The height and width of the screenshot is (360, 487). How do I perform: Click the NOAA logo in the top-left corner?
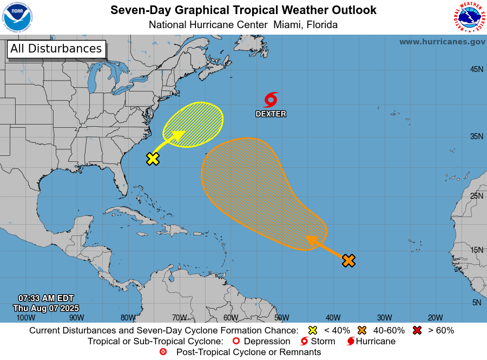[x=17, y=17]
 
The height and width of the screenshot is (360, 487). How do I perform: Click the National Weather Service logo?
[x=468, y=17]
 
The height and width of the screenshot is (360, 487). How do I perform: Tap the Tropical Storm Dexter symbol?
[x=271, y=100]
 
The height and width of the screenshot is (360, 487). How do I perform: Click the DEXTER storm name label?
[x=271, y=114]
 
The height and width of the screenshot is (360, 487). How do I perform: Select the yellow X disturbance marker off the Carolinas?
[x=153, y=159]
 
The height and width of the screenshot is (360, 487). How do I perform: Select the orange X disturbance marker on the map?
[x=348, y=260]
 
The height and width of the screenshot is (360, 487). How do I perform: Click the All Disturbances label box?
[x=56, y=49]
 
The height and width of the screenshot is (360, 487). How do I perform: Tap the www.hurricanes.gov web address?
[x=442, y=42]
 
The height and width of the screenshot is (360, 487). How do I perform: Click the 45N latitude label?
[x=476, y=69]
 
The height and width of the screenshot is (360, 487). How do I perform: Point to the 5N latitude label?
[x=476, y=303]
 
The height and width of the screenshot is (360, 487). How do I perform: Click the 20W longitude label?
[x=435, y=317]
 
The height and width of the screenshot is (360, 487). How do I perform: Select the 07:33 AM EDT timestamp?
[x=46, y=298]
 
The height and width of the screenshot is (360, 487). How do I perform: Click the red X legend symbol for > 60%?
[x=417, y=330]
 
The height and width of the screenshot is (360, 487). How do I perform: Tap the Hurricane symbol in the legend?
[x=351, y=341]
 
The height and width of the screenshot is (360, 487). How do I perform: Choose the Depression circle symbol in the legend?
[x=235, y=341]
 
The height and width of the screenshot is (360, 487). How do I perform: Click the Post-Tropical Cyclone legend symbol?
[x=163, y=352]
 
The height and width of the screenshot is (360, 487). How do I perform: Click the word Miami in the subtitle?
[x=288, y=24]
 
